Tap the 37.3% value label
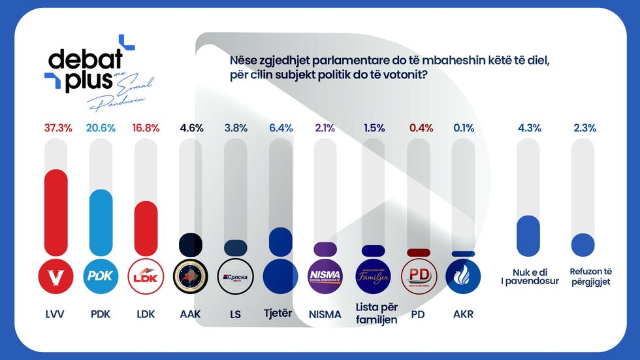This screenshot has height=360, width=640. pos(56,128)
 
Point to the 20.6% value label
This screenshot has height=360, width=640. pos(101,128)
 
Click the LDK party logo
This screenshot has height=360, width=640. pos(146,275)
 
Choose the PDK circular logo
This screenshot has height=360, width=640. pos(101,275)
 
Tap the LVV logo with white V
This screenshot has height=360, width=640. pos(56,275)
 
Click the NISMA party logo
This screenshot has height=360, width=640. pos(325,275)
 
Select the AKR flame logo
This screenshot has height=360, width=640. pos(463,275)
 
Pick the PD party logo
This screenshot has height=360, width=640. pos(418,275)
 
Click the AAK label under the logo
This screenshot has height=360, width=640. pos(191,314)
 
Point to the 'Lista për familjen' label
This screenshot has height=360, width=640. pos(377,313)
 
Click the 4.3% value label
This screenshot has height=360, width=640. pos(529,128)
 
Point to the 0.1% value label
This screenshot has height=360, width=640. pos(463,128)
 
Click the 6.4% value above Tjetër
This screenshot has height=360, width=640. pos(280,128)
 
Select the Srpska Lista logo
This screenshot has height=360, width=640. pos(236,275)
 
